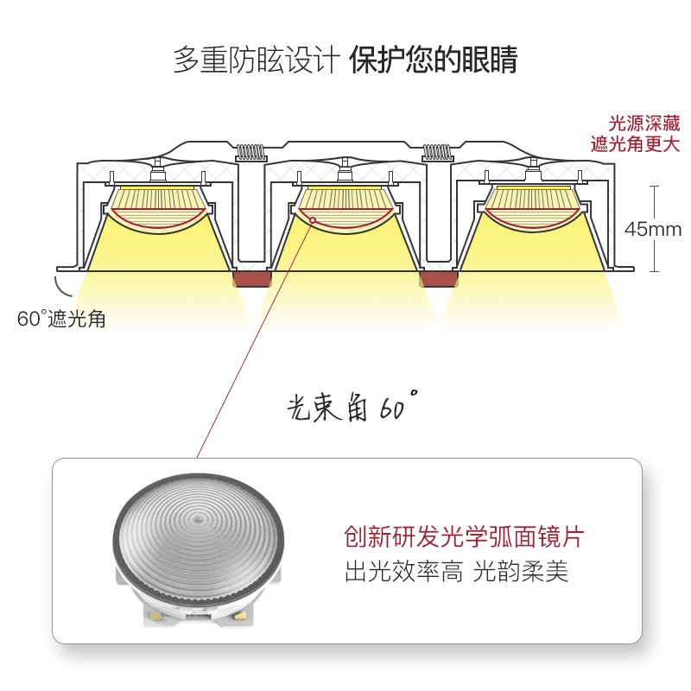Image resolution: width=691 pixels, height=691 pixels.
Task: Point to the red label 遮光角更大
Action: click(635, 144)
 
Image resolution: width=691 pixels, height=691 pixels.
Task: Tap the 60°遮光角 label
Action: click(61, 318)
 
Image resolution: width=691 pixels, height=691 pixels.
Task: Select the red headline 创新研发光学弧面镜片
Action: click(464, 536)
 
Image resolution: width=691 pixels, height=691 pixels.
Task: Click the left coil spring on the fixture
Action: click(250, 152)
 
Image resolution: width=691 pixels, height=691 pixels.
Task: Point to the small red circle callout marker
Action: click(311, 221)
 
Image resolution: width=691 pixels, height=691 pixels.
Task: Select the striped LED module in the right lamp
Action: click(532, 200)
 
